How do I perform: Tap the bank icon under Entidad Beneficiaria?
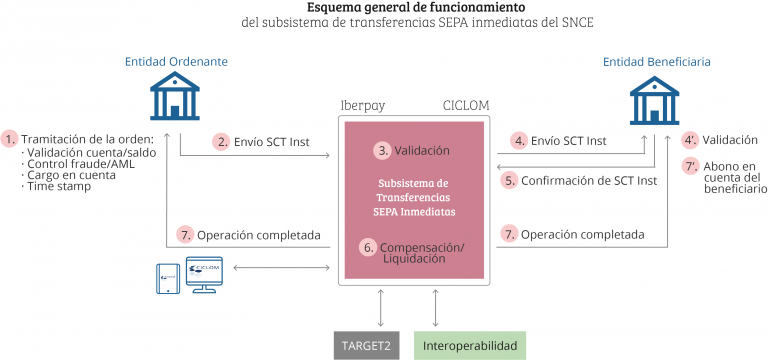[x=655, y=101]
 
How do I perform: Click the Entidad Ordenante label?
[x=176, y=62]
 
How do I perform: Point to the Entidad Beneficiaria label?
[x=656, y=62]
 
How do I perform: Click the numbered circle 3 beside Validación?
[x=382, y=151]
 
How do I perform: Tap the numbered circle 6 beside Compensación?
[x=368, y=246]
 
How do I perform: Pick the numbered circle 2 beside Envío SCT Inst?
[x=222, y=141]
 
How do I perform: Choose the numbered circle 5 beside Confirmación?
[x=510, y=180]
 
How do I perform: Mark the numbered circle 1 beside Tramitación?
[x=11, y=138]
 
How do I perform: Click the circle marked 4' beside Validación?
[x=689, y=140]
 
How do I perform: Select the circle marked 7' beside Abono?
[x=689, y=166]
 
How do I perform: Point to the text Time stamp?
[x=53, y=187]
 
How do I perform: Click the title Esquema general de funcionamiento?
[x=384, y=8]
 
